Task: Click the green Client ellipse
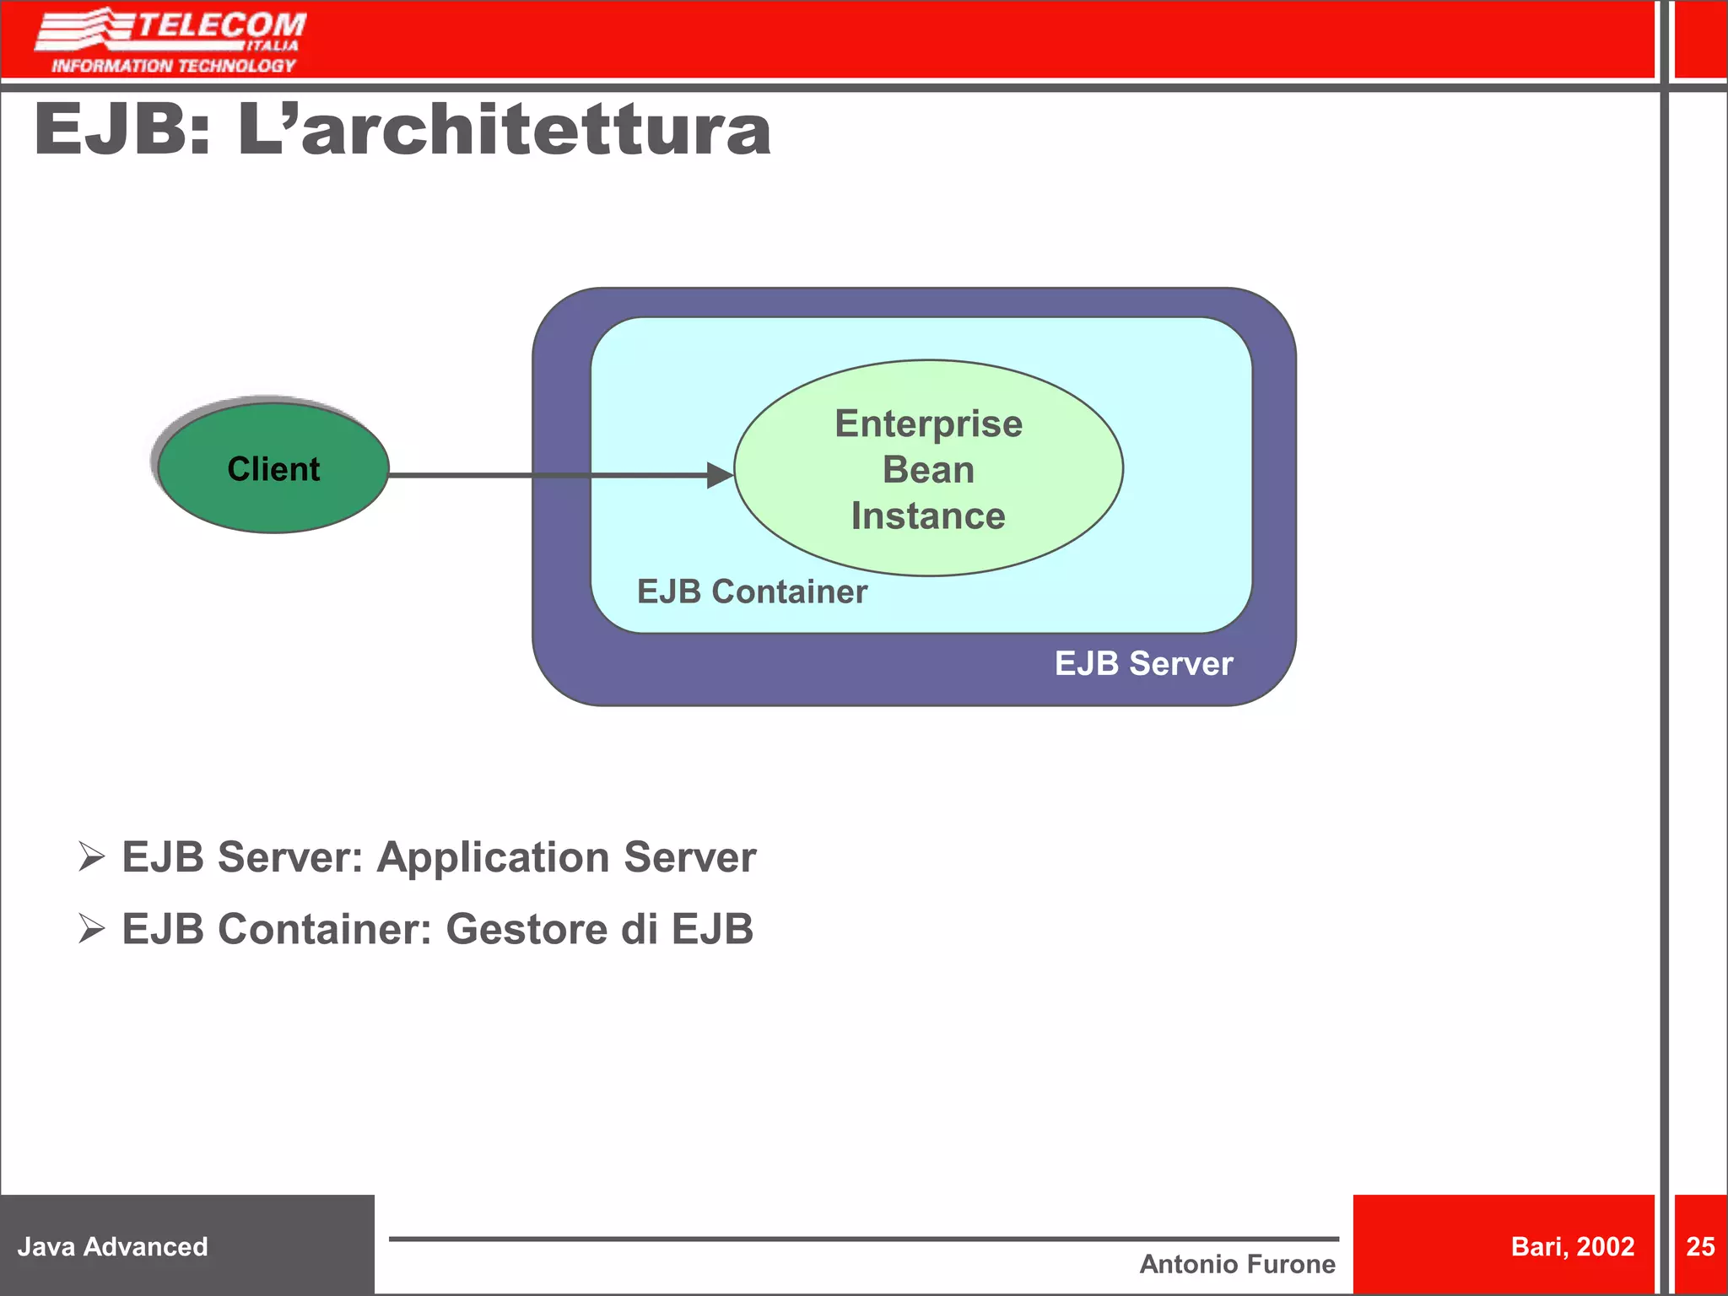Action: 273,468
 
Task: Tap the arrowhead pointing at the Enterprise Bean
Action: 720,475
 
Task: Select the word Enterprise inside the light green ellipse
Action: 928,424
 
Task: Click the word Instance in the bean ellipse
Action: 928,516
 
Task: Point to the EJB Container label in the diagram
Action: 752,591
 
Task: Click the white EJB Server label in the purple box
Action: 1143,664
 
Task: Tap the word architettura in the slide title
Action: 537,130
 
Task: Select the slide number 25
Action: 1700,1246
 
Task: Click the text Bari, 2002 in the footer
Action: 1572,1246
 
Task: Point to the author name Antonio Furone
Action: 1237,1264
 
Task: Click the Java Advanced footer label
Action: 112,1246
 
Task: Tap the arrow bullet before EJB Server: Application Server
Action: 91,856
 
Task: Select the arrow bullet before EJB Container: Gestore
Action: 91,928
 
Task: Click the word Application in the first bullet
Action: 493,857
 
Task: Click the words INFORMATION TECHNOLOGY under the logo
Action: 174,66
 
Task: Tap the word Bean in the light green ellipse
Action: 928,469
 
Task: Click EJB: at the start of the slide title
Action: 122,130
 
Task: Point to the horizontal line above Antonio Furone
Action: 863,1239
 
